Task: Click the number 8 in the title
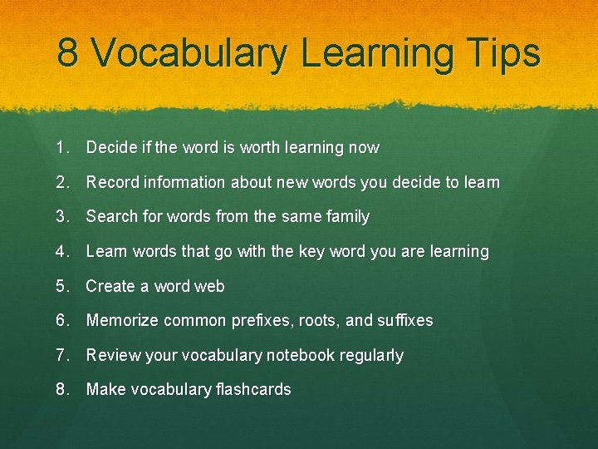click(x=69, y=53)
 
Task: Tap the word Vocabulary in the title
click(x=189, y=53)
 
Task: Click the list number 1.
click(x=61, y=148)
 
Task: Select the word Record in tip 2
click(x=112, y=182)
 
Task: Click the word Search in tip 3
click(x=111, y=217)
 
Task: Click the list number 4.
click(x=61, y=251)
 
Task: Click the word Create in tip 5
click(x=110, y=286)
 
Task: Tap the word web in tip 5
click(x=209, y=286)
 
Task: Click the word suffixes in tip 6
click(x=404, y=320)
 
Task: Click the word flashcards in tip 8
click(x=250, y=389)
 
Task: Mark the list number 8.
click(x=61, y=389)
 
